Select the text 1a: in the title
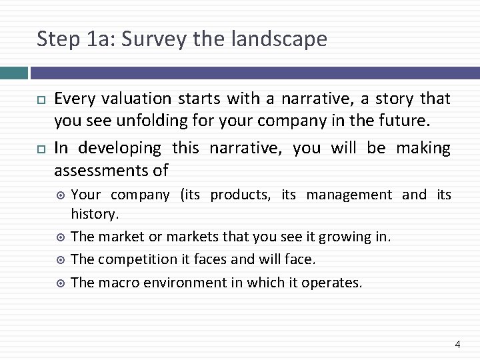coord(105,39)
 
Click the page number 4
coord(457,344)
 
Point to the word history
coord(95,215)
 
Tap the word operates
coord(332,282)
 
